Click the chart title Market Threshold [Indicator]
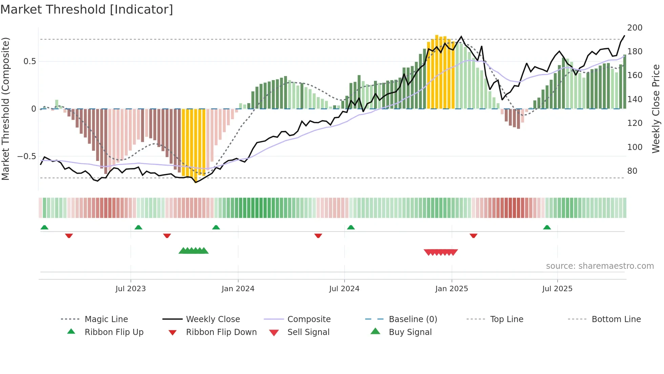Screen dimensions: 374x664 tap(87, 10)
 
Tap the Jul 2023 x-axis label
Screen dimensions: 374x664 tap(130, 289)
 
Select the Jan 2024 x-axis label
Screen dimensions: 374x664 tap(238, 289)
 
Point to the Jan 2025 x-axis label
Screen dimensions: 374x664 tap(452, 289)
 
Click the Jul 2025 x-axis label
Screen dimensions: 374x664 tap(557, 289)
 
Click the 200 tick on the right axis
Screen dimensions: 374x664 tap(635, 28)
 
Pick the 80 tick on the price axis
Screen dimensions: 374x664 tap(632, 171)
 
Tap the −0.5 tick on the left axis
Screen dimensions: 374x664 tap(26, 156)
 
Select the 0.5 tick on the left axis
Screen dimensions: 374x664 tap(29, 61)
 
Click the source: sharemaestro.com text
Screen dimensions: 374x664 tap(600, 266)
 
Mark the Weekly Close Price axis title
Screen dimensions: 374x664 tap(656, 109)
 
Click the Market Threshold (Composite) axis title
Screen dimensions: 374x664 tap(5, 109)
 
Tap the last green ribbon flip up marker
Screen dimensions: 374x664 tap(547, 227)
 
